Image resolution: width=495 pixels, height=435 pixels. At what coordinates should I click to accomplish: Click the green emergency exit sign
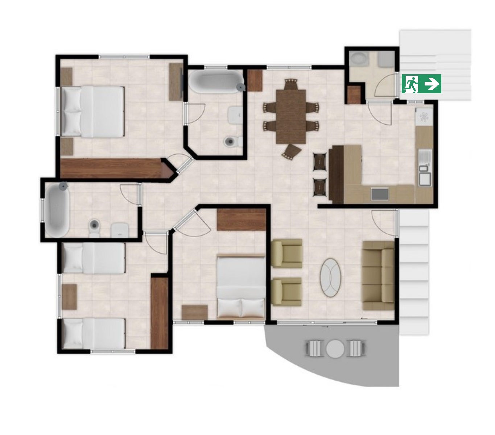pyautogui.click(x=421, y=84)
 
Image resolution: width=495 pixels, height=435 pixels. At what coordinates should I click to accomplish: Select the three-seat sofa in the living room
pyautogui.click(x=378, y=276)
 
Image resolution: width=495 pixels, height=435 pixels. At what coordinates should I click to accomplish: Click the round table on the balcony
pyautogui.click(x=335, y=348)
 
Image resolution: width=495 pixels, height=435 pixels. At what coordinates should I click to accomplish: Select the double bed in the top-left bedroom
pyautogui.click(x=93, y=112)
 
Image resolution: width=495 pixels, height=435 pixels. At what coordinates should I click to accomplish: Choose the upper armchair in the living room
pyautogui.click(x=287, y=253)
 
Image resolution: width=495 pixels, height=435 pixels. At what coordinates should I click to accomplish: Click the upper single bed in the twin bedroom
pyautogui.click(x=94, y=258)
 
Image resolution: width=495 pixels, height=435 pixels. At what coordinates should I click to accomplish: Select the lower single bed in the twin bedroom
pyautogui.click(x=94, y=333)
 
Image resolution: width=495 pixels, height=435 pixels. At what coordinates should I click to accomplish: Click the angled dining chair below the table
pyautogui.click(x=292, y=151)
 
